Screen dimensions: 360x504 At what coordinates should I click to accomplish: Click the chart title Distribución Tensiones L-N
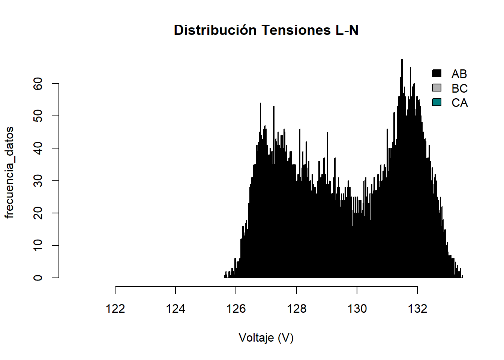click(x=266, y=30)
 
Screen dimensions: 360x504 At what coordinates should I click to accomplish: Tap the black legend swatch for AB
click(x=436, y=73)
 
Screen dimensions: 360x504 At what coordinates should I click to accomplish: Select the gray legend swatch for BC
click(x=436, y=88)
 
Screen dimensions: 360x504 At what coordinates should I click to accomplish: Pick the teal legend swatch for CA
click(x=436, y=102)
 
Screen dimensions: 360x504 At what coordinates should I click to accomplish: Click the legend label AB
click(x=459, y=74)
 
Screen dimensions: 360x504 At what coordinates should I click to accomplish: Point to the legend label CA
click(x=459, y=103)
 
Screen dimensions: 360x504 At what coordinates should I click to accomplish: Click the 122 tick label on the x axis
click(x=115, y=309)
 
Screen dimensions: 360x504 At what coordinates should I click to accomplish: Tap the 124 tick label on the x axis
click(x=175, y=309)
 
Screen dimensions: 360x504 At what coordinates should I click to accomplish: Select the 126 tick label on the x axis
click(x=236, y=309)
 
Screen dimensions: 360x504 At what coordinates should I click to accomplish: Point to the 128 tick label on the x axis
click(x=297, y=309)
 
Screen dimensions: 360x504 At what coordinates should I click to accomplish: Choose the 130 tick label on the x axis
click(x=357, y=309)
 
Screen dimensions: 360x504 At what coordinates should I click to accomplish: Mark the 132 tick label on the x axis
click(x=417, y=309)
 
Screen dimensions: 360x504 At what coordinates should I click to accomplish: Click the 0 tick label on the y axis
click(x=38, y=278)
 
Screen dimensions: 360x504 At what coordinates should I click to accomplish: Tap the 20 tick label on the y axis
click(x=38, y=213)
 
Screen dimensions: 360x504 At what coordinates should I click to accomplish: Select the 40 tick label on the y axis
click(x=38, y=148)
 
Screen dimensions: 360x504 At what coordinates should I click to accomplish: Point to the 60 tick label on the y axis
click(x=38, y=84)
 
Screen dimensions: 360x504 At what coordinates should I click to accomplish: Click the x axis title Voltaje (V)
click(x=266, y=338)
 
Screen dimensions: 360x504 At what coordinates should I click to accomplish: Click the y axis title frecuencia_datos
click(x=9, y=172)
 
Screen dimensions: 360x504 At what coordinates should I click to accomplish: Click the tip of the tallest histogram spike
click(x=402, y=60)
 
